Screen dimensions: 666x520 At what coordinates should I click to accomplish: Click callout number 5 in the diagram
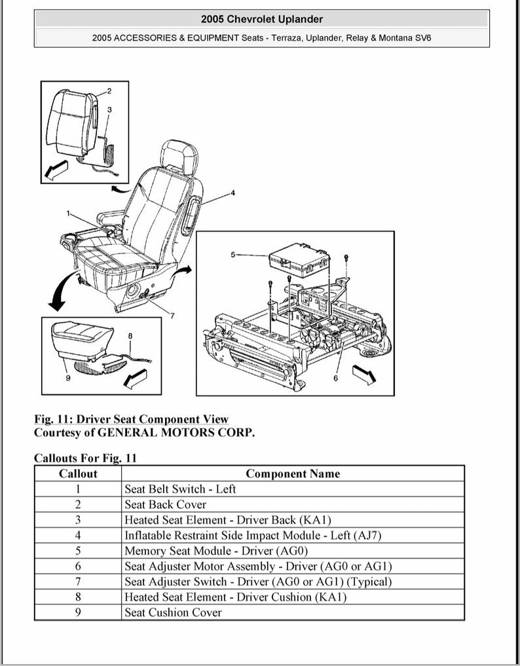tap(232, 254)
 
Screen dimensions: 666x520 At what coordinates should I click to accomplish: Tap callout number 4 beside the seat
tap(232, 193)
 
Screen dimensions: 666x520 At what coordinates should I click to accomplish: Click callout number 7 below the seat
tap(172, 316)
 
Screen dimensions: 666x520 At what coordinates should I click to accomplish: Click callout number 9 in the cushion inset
tap(67, 378)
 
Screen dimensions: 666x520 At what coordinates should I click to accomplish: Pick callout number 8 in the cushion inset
tap(130, 336)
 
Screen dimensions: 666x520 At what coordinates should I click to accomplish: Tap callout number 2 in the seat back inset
tap(109, 91)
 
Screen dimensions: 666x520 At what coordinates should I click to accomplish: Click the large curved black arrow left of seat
tap(60, 292)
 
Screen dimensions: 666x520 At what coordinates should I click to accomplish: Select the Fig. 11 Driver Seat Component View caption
tap(131, 419)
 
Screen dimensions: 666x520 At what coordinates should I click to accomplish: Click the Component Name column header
tap(293, 473)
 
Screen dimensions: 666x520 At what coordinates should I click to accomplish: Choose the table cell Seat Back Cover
tap(165, 505)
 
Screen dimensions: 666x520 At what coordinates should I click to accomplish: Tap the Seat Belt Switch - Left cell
tap(180, 489)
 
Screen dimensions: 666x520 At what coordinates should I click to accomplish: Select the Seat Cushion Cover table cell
tap(173, 613)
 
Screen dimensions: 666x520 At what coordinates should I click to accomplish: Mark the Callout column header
tap(78, 473)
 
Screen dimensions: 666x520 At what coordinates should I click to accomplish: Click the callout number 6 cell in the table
tap(78, 566)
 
